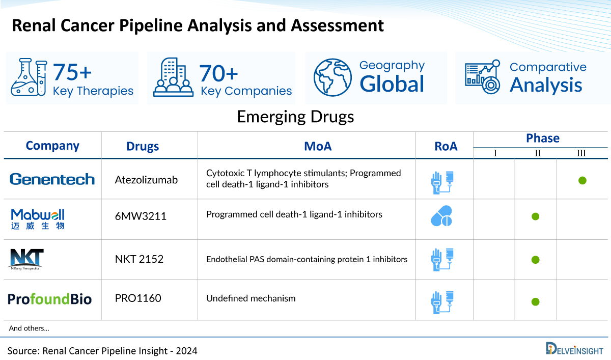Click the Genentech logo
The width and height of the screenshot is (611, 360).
pos(52,179)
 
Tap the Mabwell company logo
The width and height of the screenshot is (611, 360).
pos(38,218)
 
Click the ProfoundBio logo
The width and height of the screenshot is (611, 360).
pos(50,299)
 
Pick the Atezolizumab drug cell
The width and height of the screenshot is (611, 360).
pos(147,180)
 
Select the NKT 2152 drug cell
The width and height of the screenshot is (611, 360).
pos(140,259)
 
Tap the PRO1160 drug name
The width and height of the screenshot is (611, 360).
pos(138,298)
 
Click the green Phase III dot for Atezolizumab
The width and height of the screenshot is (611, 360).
pos(582,180)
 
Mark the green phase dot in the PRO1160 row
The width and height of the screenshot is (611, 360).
pos(535,301)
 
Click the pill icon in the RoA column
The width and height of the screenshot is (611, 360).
pos(441,216)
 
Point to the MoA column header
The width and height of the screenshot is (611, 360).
pos(318,146)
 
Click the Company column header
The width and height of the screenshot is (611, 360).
pos(52,146)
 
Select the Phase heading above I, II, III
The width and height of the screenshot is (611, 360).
pos(542,138)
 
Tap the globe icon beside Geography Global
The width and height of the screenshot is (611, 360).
pos(332,77)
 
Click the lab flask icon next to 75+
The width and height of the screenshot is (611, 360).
pos(30,77)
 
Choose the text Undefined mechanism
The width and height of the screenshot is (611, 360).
pos(251,298)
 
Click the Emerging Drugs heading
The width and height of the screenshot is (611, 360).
pos(295,117)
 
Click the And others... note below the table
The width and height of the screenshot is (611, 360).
pos(29,328)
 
